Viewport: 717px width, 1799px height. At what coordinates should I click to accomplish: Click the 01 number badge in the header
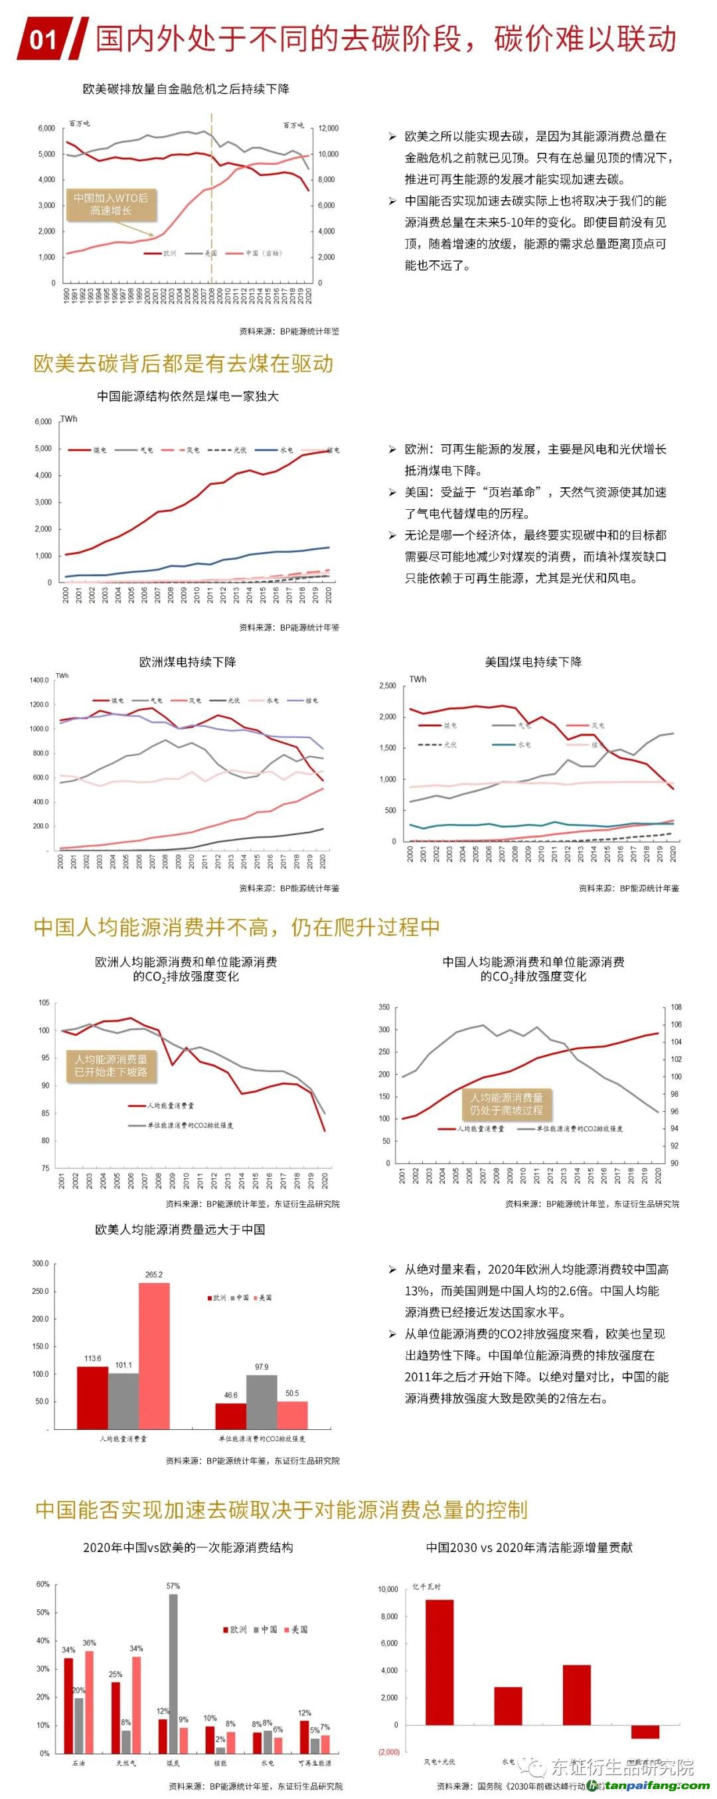click(x=43, y=39)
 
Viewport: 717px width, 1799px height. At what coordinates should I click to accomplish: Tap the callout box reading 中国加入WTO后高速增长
click(x=111, y=204)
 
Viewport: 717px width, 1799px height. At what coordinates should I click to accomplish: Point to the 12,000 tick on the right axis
click(x=328, y=129)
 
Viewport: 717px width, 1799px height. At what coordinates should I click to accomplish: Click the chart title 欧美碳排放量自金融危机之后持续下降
click(x=186, y=89)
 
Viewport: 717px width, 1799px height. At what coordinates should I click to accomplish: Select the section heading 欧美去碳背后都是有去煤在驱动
click(x=184, y=363)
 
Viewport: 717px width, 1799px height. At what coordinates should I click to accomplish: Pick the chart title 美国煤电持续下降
click(x=532, y=661)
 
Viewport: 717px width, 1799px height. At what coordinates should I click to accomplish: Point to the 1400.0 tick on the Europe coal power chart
click(x=39, y=680)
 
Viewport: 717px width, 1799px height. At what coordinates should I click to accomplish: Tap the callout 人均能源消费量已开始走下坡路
click(x=111, y=1065)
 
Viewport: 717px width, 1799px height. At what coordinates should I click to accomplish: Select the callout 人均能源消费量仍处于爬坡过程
click(x=507, y=1104)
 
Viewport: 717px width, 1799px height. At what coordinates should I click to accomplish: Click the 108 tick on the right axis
click(x=676, y=1007)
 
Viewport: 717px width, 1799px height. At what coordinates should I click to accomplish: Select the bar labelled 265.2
click(x=154, y=1356)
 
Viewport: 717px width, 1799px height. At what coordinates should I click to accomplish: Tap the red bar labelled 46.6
click(x=230, y=1415)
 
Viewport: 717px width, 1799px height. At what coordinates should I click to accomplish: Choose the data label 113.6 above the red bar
click(x=93, y=1358)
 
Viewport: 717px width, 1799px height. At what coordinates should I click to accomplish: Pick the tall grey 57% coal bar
click(x=173, y=1674)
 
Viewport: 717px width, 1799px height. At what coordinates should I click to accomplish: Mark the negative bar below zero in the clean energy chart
click(x=645, y=1731)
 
